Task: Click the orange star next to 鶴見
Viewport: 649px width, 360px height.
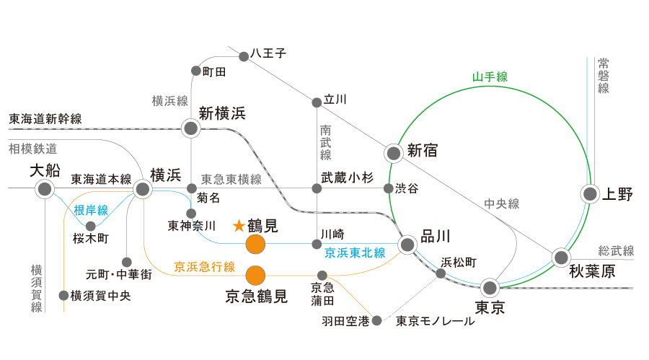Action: [x=239, y=226]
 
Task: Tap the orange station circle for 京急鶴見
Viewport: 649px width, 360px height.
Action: [x=256, y=275]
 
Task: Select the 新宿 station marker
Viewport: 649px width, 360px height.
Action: [x=393, y=153]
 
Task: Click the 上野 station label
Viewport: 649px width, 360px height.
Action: [x=617, y=194]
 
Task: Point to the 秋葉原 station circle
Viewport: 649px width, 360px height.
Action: [x=561, y=258]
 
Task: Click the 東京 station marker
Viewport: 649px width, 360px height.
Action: [x=490, y=288]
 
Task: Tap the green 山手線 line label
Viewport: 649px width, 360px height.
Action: [x=490, y=76]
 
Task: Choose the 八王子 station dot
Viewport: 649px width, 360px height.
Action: [x=244, y=53]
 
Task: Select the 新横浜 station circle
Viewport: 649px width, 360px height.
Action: [x=191, y=128]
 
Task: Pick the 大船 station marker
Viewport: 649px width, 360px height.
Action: [x=45, y=189]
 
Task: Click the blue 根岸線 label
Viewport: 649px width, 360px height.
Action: [x=91, y=210]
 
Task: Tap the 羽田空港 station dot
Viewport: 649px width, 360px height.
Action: [x=376, y=320]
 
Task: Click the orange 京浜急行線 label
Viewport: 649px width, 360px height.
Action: [x=205, y=266]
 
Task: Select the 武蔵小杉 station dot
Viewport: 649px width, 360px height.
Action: [x=317, y=188]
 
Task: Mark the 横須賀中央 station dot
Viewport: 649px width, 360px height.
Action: [x=63, y=295]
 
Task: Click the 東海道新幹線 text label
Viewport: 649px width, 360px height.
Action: [x=45, y=118]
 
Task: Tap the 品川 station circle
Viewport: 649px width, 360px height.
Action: [x=407, y=245]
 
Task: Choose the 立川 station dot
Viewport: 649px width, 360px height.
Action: [x=317, y=102]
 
